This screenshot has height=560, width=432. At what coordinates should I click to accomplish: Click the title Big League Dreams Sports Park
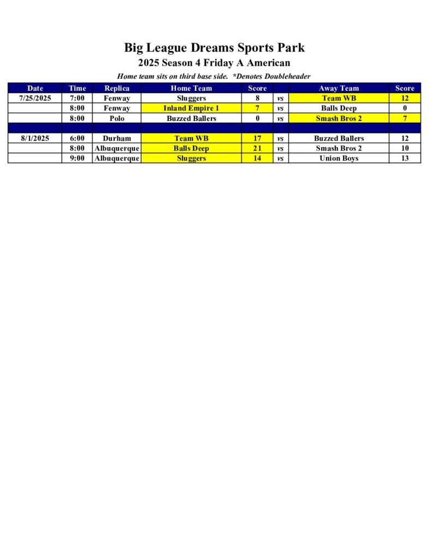[x=214, y=48]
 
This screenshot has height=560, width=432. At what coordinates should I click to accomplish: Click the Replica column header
[x=117, y=88]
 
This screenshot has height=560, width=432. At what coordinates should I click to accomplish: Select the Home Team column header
[x=191, y=88]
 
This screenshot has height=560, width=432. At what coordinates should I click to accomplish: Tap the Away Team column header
[x=339, y=88]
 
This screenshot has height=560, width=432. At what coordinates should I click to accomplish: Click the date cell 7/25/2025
[x=35, y=98]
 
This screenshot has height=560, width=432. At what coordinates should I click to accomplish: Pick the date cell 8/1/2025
[x=35, y=138]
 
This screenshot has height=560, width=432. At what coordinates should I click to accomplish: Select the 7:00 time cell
[x=77, y=98]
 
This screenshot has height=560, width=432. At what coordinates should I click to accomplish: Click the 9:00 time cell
[x=77, y=158]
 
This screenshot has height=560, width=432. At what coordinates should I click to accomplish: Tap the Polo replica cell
[x=117, y=118]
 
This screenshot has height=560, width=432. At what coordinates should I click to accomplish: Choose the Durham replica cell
[x=117, y=138]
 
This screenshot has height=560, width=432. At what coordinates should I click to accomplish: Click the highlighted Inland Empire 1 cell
[x=191, y=108]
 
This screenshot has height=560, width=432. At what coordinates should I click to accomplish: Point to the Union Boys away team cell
[x=339, y=158]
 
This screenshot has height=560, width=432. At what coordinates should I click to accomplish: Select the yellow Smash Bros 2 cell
[x=339, y=118]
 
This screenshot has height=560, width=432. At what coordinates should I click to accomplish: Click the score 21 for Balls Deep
[x=257, y=148]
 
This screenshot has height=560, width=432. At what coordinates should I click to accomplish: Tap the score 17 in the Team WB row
[x=257, y=138]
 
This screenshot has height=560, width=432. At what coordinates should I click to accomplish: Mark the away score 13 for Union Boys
[x=405, y=158]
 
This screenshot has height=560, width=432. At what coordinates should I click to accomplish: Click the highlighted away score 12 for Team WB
[x=405, y=98]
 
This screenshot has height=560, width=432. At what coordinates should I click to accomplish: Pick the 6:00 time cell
[x=77, y=138]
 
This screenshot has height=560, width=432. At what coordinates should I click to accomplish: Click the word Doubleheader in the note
[x=287, y=76]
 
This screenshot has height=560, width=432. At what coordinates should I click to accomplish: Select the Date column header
[x=35, y=88]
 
